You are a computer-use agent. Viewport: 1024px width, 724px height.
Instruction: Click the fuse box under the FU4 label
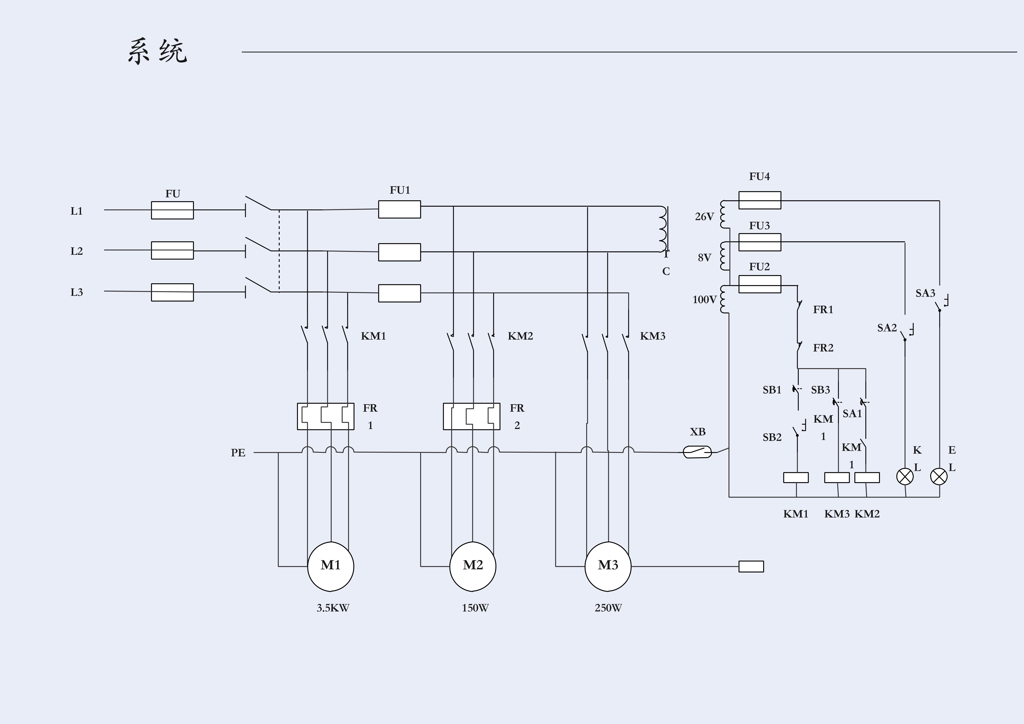760,200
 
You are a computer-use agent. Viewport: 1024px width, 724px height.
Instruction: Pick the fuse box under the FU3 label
760,242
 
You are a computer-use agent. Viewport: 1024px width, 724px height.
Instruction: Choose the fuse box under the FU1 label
399,209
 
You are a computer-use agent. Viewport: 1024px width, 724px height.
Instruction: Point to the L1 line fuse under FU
172,210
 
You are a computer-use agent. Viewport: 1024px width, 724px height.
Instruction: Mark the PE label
238,453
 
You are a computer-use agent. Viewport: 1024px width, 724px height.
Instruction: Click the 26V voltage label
704,217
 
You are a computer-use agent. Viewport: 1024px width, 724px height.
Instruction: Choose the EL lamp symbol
939,476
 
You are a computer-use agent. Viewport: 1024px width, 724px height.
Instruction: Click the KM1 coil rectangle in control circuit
796,477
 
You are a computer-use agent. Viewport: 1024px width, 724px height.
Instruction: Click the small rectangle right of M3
751,566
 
